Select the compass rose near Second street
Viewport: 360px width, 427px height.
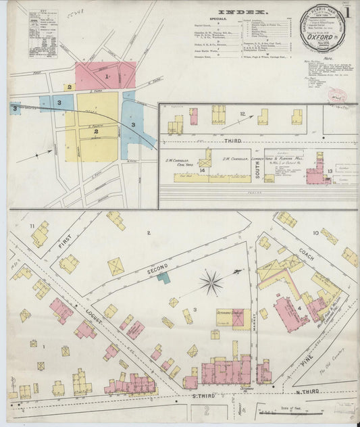click(x=211, y=282)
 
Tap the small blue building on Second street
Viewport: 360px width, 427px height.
click(x=163, y=277)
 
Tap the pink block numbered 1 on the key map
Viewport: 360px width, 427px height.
click(x=106, y=77)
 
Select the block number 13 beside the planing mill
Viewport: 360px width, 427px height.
click(x=330, y=172)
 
